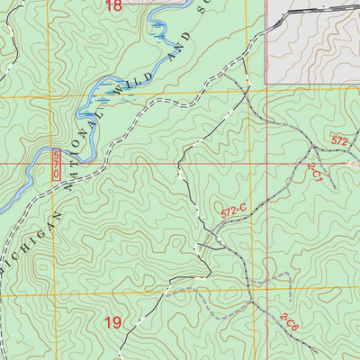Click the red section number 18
112,5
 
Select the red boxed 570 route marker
58,164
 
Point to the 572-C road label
233,212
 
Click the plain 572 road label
339,141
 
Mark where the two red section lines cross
267,164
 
